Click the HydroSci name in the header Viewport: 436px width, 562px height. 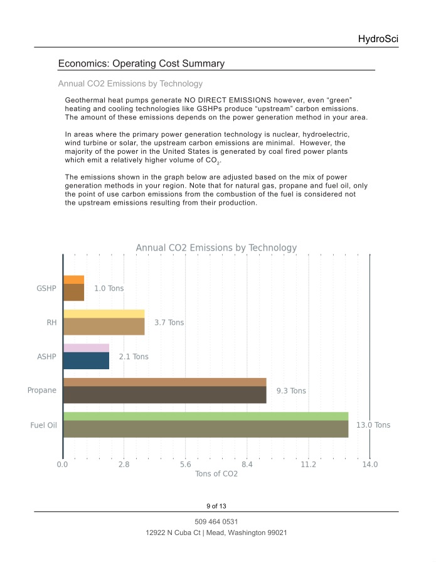click(378, 39)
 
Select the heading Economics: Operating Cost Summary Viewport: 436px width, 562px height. click(141, 63)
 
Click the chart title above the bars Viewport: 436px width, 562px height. click(216, 248)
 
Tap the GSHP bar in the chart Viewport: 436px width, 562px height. click(73, 288)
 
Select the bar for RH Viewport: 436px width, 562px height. click(104, 322)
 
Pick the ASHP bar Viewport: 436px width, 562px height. click(86, 357)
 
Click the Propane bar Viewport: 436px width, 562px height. click(164, 391)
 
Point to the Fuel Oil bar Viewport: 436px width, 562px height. click(205, 424)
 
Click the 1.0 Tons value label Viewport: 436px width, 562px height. click(109, 289)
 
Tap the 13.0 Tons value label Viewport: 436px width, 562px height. click(373, 425)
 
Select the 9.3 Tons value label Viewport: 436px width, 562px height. click(291, 391)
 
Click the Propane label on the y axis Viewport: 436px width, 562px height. click(42, 391)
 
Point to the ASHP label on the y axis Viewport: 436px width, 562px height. click(46, 357)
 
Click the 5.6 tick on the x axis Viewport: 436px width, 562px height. click(185, 464)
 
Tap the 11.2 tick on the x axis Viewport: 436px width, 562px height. click(308, 464)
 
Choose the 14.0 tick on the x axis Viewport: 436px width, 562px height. click(370, 464)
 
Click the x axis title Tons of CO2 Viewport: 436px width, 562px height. click(216, 474)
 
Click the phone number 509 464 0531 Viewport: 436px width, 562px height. click(216, 522)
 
